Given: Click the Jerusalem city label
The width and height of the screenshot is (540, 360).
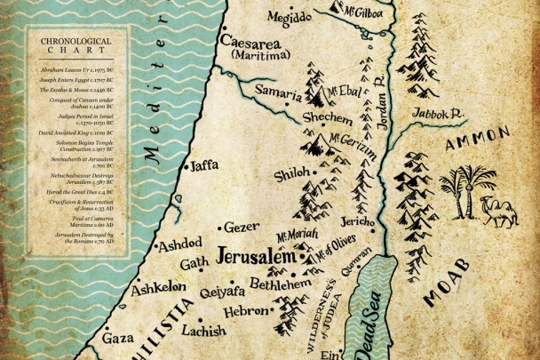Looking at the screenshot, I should click(254, 256).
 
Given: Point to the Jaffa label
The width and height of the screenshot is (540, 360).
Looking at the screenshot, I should click(203, 165).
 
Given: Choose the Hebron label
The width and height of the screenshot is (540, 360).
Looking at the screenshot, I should click(244, 311).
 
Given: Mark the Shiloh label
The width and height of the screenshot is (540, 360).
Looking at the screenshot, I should click(292, 174).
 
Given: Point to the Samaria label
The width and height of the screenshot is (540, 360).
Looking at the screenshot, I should click(278, 90).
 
